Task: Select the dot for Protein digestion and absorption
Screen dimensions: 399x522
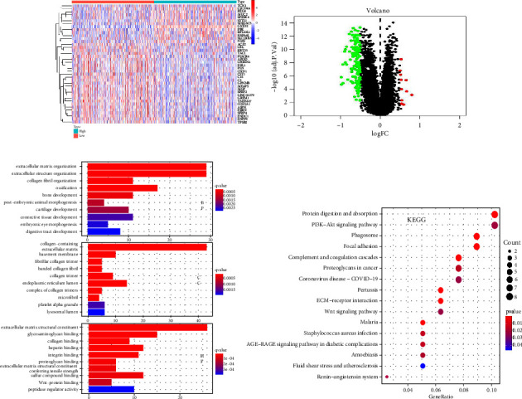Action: click(x=495, y=215)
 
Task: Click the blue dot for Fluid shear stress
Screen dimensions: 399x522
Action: click(x=423, y=365)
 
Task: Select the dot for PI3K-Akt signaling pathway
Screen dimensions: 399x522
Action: click(x=495, y=226)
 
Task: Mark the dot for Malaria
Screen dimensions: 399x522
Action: click(x=423, y=322)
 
